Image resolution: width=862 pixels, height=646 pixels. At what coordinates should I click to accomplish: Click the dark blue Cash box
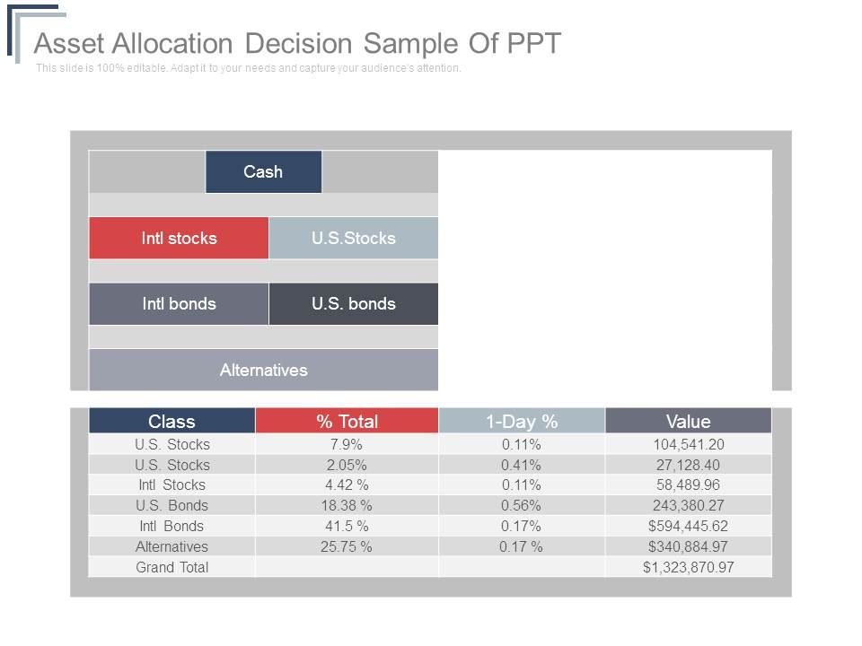click(x=263, y=171)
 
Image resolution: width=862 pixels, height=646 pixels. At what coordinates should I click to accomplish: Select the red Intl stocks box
click(x=179, y=238)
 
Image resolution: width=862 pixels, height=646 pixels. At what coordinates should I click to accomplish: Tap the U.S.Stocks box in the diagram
click(x=353, y=238)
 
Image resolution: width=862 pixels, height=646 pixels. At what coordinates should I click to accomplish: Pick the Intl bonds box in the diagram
click(x=179, y=303)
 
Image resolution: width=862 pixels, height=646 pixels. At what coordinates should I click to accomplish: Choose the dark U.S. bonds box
click(x=353, y=303)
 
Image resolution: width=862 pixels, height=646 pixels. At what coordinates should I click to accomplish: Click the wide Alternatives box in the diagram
click(x=263, y=370)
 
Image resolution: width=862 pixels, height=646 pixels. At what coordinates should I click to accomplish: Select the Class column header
click(x=172, y=421)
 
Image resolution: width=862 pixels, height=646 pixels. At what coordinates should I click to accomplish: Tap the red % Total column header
click(x=347, y=421)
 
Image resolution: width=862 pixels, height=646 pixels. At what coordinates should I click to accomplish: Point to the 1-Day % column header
click(x=522, y=421)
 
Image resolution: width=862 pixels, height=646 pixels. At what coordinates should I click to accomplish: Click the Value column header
click(x=688, y=421)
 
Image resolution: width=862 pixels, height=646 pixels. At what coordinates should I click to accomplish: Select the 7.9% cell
click(x=347, y=444)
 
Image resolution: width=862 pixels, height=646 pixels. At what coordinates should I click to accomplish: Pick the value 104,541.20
click(x=688, y=444)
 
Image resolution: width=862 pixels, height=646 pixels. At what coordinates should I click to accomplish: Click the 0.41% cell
click(x=521, y=465)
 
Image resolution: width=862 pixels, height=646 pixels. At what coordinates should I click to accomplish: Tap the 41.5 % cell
click(x=347, y=526)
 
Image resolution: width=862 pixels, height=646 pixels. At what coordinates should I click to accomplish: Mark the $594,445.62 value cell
click(x=688, y=526)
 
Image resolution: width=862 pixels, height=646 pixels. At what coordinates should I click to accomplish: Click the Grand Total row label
click(x=172, y=567)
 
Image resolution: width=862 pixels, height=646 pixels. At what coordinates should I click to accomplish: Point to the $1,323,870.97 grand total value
click(x=688, y=567)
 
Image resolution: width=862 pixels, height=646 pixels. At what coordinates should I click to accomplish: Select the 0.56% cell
click(x=521, y=505)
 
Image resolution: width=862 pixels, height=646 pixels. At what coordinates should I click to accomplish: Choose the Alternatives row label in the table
click(x=172, y=546)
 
